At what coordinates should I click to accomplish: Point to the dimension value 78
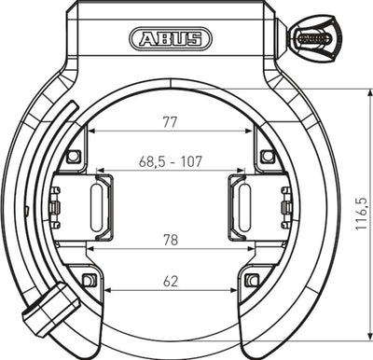coord(169,239)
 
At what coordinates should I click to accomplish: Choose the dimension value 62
coord(169,278)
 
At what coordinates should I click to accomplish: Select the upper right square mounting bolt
coord(267,155)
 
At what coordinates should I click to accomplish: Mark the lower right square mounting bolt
coord(250,280)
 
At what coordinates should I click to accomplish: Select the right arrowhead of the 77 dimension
coord(252,131)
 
